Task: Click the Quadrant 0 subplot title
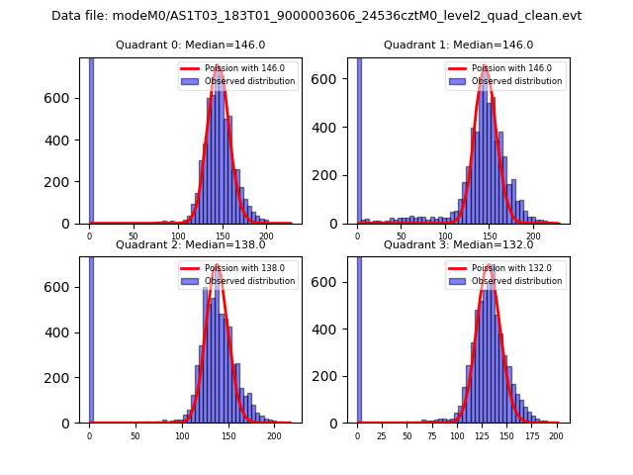click(191, 45)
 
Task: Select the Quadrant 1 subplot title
click(458, 45)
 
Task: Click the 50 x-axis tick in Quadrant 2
click(136, 435)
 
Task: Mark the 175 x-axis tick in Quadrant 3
click(532, 435)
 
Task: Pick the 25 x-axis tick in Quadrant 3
click(383, 435)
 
